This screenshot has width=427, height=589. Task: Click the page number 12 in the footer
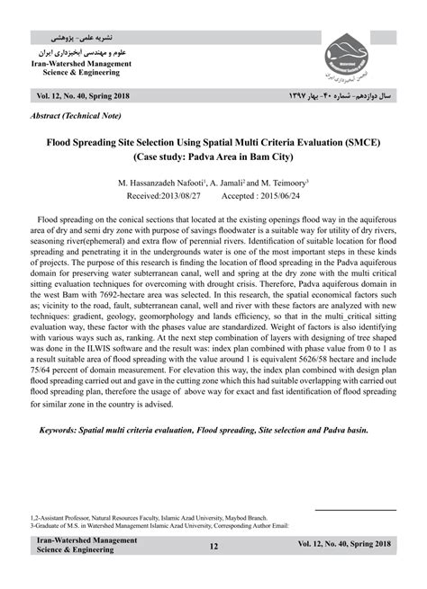213,546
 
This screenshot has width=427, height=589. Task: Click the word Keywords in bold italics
64,430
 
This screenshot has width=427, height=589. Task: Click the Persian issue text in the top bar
340,94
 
